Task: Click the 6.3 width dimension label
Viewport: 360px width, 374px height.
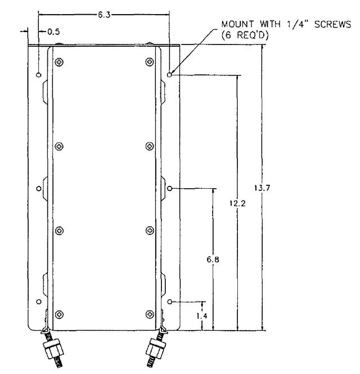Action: pos(104,15)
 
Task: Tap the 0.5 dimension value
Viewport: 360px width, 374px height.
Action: pos(53,32)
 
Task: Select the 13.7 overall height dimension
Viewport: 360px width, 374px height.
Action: pos(262,188)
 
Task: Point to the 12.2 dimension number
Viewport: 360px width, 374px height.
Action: pos(237,203)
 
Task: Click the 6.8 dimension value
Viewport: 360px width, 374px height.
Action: pos(213,259)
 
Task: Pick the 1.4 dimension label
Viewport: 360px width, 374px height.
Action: pos(202,316)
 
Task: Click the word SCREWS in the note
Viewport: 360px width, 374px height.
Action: pos(332,24)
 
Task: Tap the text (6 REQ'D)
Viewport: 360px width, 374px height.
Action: pos(245,35)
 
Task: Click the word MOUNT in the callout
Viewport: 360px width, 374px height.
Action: pos(237,24)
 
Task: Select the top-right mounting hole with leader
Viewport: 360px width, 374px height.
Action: pos(169,75)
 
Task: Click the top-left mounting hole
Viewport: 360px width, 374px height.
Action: pos(39,75)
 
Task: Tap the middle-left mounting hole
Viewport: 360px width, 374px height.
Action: pos(39,189)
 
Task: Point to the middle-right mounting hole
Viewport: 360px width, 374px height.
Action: pos(170,189)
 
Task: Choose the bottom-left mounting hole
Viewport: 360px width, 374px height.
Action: pos(39,302)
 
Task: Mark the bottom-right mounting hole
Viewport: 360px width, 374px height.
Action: pos(170,302)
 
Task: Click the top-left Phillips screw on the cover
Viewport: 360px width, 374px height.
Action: pos(59,63)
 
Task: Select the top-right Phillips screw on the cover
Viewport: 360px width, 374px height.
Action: pos(150,62)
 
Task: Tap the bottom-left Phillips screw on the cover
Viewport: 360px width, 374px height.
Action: pos(59,315)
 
